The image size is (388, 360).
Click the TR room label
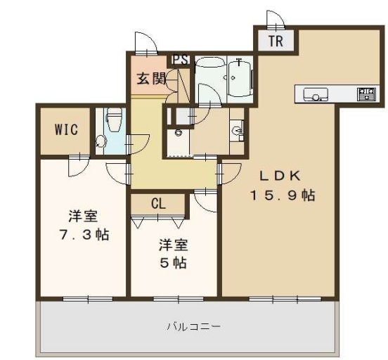[276, 41]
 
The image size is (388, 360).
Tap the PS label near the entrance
[181, 60]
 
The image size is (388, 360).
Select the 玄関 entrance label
[151, 79]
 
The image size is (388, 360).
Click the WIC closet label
[66, 129]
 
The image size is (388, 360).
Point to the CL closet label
[158, 204]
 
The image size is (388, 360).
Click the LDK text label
[280, 176]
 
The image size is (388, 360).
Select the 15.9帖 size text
[283, 195]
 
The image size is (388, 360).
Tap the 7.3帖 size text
[84, 234]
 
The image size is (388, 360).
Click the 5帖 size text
[173, 263]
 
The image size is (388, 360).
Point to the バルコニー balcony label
[193, 327]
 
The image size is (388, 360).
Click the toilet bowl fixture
[114, 119]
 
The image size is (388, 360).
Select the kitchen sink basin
[316, 94]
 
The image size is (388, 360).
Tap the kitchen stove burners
[366, 94]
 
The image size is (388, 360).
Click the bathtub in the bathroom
[240, 79]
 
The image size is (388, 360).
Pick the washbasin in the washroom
[238, 131]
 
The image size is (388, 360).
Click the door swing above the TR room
[276, 20]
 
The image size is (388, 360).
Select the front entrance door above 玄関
[146, 43]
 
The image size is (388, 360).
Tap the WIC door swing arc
[79, 166]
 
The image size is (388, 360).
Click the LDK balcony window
[285, 299]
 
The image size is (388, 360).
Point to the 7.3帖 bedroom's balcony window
[88, 299]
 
